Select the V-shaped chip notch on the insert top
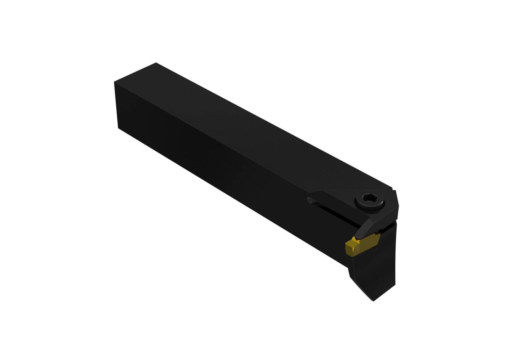[x=355, y=239]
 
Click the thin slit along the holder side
[x=337, y=212]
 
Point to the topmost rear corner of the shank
[x=156, y=63]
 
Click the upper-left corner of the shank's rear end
[x=114, y=82]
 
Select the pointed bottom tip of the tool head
[x=373, y=301]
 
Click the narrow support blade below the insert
[x=353, y=273]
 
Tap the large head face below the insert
[x=378, y=266]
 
